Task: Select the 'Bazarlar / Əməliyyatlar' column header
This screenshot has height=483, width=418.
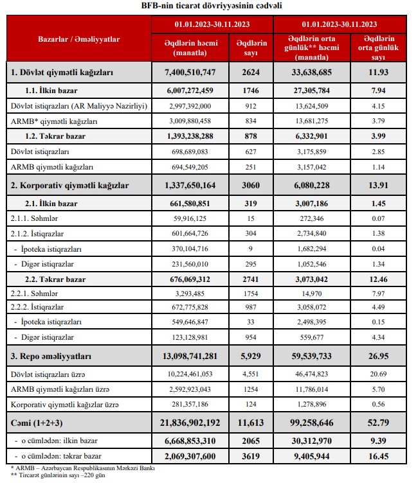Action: (79, 39)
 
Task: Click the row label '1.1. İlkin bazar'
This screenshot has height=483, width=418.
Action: (57, 91)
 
